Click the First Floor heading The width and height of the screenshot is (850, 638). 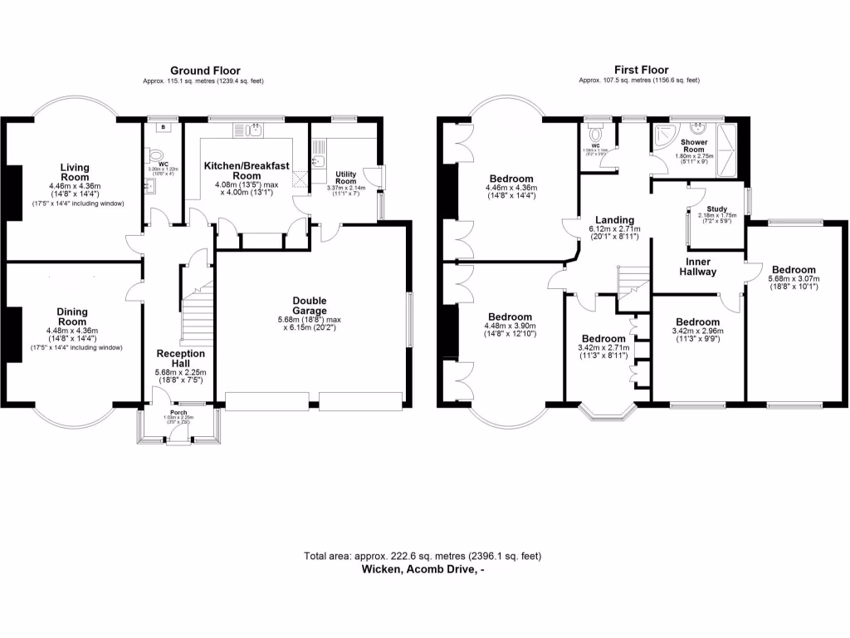coord(641,71)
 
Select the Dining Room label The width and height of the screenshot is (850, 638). coord(72,317)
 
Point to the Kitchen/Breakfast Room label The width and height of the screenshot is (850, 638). coord(247,170)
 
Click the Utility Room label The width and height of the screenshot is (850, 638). coord(345,178)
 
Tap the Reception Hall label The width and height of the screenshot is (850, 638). coord(180,359)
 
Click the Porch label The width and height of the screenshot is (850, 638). coord(178,412)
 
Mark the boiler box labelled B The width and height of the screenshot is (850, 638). coord(164,127)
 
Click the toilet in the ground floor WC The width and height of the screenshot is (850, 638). coord(150,156)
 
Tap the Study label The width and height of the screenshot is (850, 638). coord(716,209)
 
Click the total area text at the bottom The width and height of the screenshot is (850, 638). coord(423,556)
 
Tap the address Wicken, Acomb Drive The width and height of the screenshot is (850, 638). coord(423,570)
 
